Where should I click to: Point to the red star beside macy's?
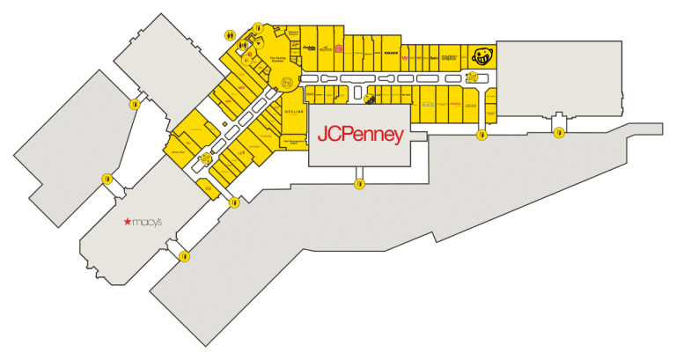(127, 224)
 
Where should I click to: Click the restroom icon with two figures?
(230, 36)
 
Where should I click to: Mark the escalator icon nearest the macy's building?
(205, 159)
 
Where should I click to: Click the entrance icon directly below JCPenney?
(359, 183)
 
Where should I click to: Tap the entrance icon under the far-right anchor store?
(559, 133)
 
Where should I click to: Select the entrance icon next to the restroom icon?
(257, 27)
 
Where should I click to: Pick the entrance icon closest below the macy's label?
(184, 256)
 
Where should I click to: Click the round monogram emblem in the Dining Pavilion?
(286, 82)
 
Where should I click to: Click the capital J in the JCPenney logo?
(322, 136)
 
